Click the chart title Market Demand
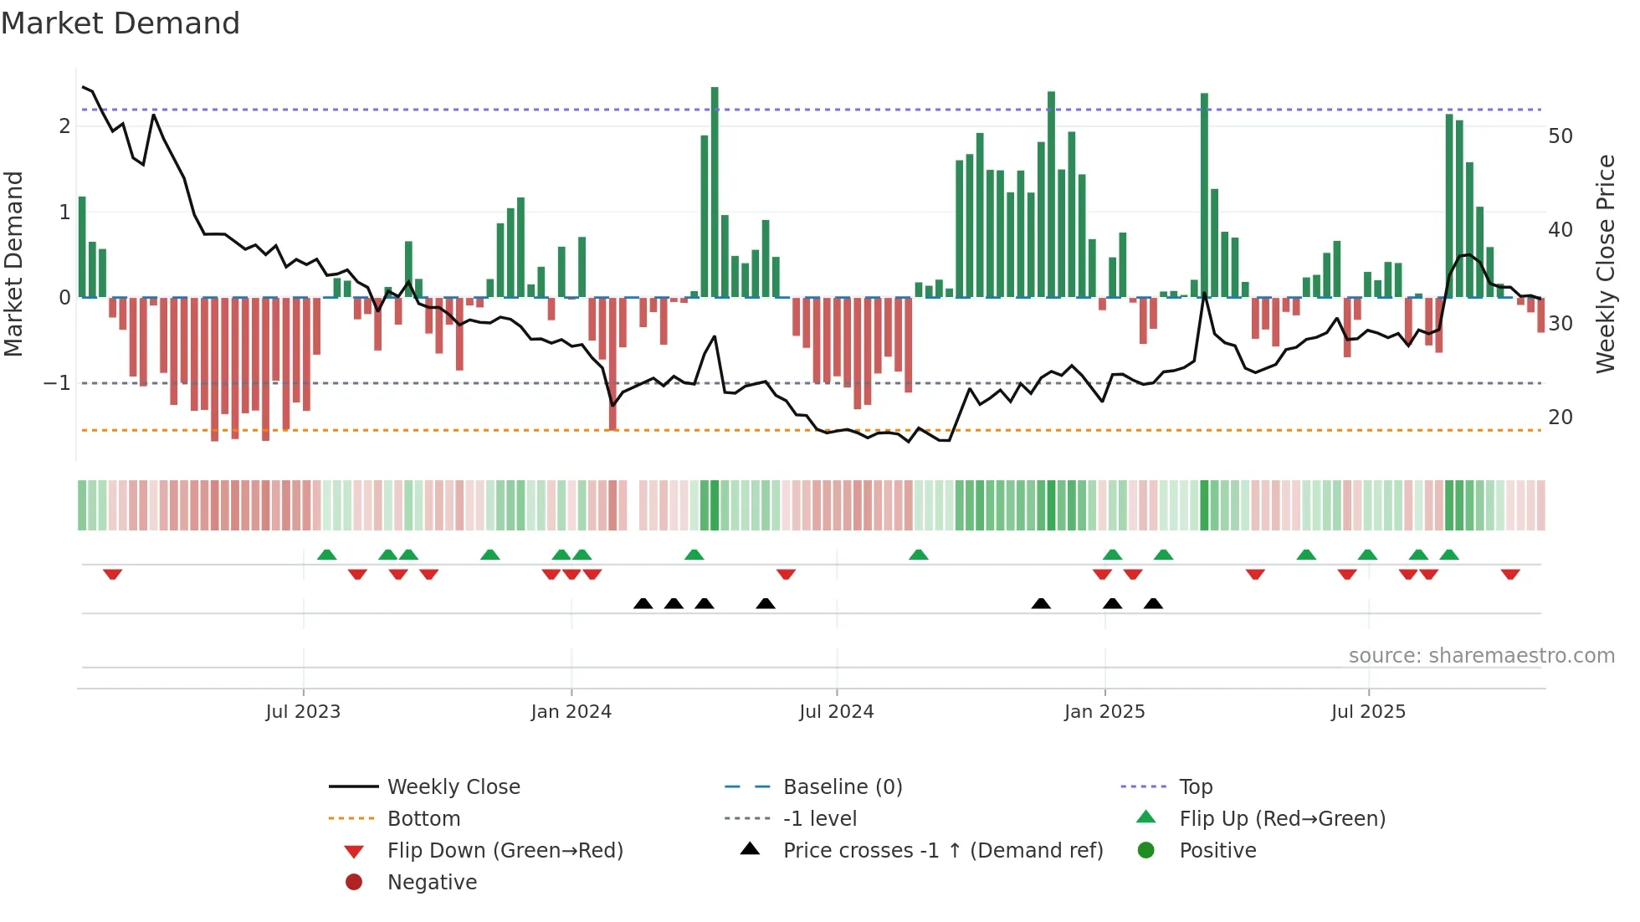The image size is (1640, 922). pos(120,23)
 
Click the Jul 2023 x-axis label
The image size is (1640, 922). pos(303,712)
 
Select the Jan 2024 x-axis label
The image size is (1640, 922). pos(571,712)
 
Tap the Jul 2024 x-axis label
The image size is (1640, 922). pos(836,712)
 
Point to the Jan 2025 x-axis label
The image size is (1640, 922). pos(1104,712)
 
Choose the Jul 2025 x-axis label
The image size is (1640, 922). pos(1368,712)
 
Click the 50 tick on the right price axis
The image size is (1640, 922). pos(1560,136)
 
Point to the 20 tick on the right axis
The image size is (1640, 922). pos(1560,417)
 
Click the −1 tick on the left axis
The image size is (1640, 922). pos(57,383)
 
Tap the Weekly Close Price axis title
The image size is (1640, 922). pos(1605,264)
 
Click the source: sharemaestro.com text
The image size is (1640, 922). pos(1481,656)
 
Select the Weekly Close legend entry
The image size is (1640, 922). pos(453,787)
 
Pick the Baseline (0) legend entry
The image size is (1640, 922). pos(842,787)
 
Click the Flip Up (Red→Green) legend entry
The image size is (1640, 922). pos(1282,819)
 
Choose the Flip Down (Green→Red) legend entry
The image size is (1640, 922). pos(505,851)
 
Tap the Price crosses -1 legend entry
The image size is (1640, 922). pos(942,851)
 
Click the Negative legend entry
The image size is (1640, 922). pos(432,883)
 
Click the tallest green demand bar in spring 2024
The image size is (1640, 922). pos(715,192)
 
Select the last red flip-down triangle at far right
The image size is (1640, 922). pos(1509,574)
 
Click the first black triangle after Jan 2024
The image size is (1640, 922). pos(643,603)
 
